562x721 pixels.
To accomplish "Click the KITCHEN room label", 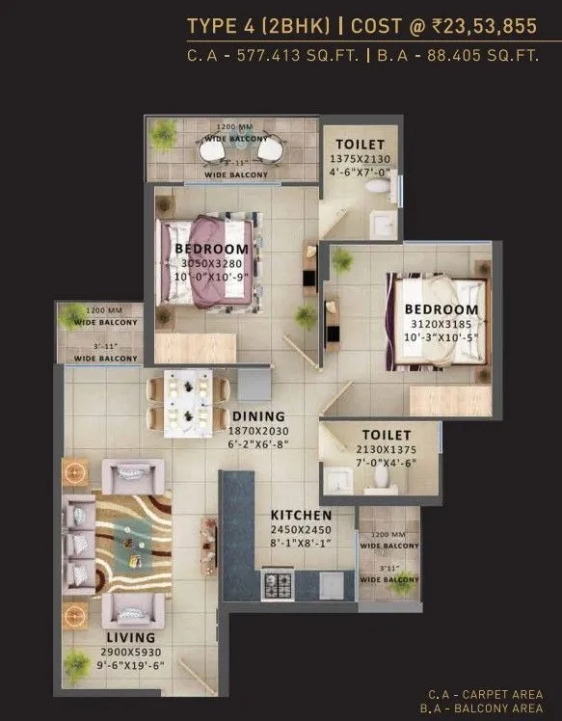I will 301,516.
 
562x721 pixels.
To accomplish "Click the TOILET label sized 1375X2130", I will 354,144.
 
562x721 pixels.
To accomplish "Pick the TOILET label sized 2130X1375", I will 387,436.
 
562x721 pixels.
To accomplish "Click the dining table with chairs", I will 188,402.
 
